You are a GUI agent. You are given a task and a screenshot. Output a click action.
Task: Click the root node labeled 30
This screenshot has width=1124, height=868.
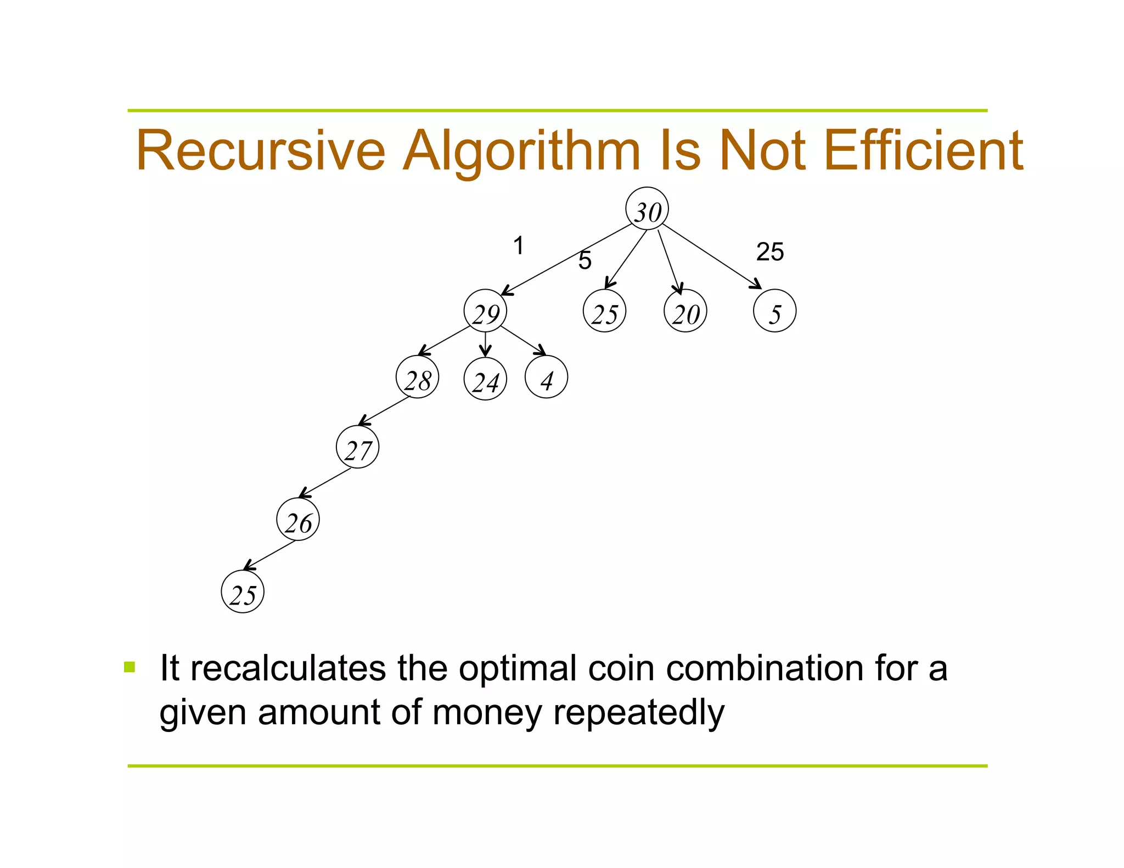pyautogui.click(x=647, y=209)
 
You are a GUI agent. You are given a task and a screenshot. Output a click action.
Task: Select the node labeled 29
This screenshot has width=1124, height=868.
pyautogui.click(x=485, y=311)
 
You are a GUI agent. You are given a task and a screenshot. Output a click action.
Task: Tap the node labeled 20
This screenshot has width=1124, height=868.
pyautogui.click(x=685, y=311)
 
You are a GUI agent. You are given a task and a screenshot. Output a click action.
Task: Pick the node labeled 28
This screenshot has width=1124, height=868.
pyautogui.click(x=418, y=377)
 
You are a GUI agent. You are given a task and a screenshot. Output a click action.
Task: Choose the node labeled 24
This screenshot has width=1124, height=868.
pyautogui.click(x=485, y=379)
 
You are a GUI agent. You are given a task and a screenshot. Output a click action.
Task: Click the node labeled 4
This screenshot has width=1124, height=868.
pyautogui.click(x=547, y=377)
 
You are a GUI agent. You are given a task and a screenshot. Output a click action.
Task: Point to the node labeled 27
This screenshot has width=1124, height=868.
pyautogui.click(x=358, y=447)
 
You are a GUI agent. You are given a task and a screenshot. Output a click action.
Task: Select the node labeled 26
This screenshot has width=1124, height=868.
pyautogui.click(x=298, y=520)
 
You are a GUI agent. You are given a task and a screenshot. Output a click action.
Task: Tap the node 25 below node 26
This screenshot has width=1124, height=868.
pyautogui.click(x=243, y=592)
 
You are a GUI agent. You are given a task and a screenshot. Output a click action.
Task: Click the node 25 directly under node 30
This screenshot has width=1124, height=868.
pyautogui.click(x=605, y=311)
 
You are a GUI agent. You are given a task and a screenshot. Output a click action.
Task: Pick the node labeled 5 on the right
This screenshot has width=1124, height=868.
pyautogui.click(x=775, y=311)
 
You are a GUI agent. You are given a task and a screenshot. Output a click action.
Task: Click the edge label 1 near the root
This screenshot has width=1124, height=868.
pyautogui.click(x=518, y=245)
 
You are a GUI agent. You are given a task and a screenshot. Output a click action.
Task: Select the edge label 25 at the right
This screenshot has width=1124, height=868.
pyautogui.click(x=770, y=252)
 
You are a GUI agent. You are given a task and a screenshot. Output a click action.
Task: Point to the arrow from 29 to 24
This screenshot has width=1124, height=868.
pyautogui.click(x=485, y=345)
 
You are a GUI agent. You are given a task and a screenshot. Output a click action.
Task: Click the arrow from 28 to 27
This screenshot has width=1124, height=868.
pyautogui.click(x=384, y=410)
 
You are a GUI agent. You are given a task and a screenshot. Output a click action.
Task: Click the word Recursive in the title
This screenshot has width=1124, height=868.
pyautogui.click(x=261, y=150)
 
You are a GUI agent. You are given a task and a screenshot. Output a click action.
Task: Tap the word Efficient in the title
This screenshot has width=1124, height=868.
pyautogui.click(x=923, y=150)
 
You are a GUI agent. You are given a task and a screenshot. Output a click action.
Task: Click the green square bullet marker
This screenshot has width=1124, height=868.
pyautogui.click(x=130, y=667)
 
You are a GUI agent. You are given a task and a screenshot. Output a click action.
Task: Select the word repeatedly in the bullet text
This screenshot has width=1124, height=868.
pyautogui.click(x=639, y=713)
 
